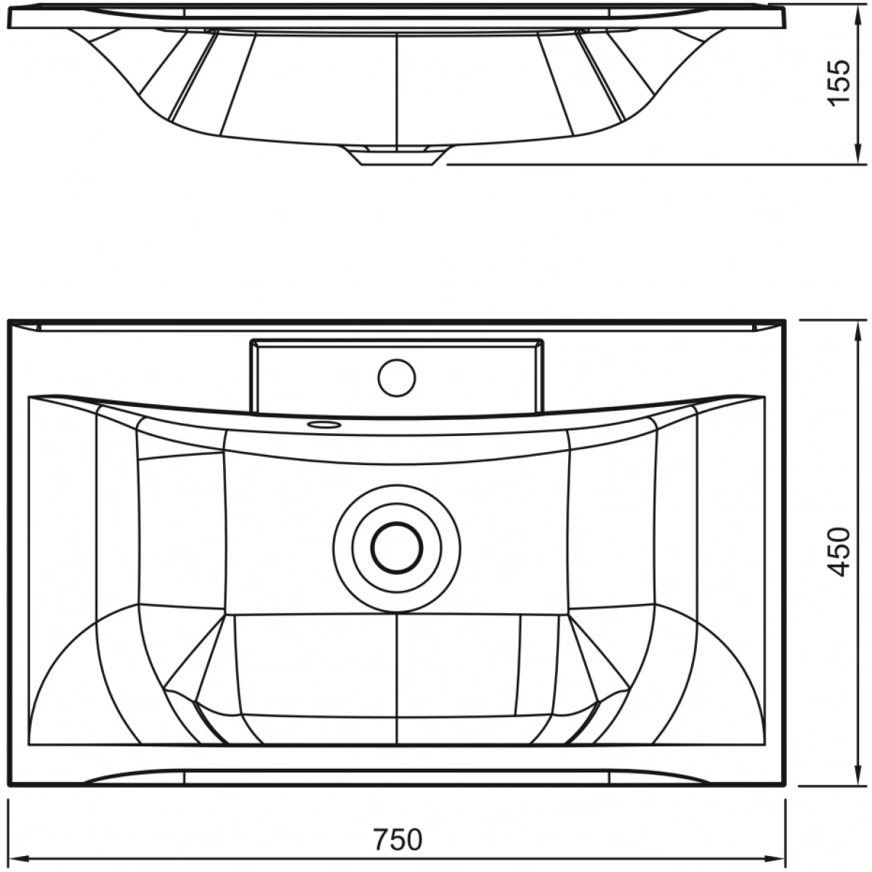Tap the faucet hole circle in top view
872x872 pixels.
(x=397, y=377)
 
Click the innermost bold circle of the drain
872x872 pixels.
(x=397, y=547)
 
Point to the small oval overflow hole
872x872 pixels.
(x=323, y=424)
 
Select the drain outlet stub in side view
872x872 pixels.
(x=397, y=156)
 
